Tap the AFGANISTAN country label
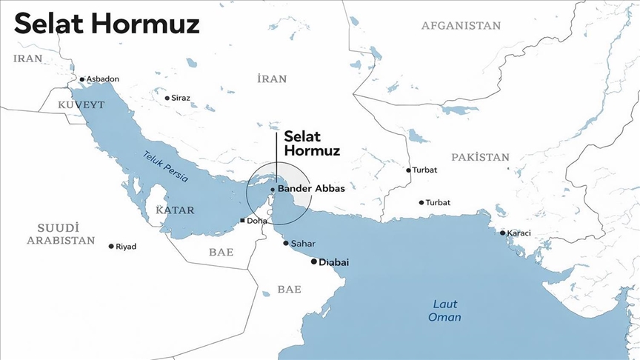(x=461, y=26)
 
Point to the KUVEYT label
(x=81, y=105)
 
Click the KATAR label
(x=175, y=210)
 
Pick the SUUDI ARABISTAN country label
(x=61, y=233)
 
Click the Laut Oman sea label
(x=444, y=310)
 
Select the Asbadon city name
(x=103, y=79)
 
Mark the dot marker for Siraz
(x=166, y=97)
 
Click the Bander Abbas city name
(x=311, y=189)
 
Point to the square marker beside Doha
(x=242, y=221)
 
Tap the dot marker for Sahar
(x=286, y=243)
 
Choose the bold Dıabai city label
(x=333, y=262)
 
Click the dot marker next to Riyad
(x=111, y=246)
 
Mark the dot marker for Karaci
(x=502, y=233)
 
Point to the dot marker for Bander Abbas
(x=273, y=190)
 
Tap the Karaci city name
(x=519, y=233)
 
